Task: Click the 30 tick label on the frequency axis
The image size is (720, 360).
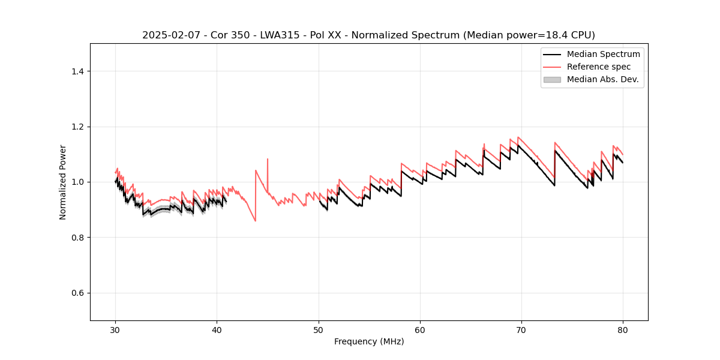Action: coord(115,330)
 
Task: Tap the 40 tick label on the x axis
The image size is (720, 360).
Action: coord(217,330)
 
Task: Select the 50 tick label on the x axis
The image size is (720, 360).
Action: coord(319,330)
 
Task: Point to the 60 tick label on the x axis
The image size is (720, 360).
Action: coord(420,330)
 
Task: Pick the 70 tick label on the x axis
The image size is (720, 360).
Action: coord(521,330)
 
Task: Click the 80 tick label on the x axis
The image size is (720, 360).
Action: coord(623,330)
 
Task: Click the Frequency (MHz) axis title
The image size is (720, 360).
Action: coord(369,342)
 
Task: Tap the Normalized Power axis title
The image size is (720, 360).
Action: coord(63,182)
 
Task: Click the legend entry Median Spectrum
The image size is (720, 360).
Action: coord(603,54)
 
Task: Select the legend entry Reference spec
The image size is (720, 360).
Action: coord(599,67)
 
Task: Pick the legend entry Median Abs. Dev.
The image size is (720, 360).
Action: coord(602,79)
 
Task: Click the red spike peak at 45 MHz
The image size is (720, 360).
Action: coord(268,159)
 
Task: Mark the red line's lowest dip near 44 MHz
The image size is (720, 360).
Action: coord(255,221)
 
